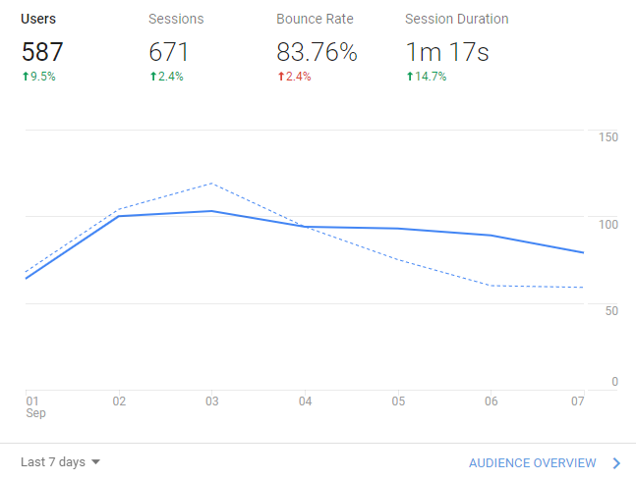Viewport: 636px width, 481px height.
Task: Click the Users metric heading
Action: coord(37,19)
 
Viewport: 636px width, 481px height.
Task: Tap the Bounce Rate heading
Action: coord(315,19)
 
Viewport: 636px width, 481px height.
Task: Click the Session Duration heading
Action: coord(457,19)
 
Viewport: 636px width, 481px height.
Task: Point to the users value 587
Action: coord(41,52)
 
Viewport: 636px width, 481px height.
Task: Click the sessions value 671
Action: coord(168,52)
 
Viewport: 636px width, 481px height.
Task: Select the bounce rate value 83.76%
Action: coord(317,52)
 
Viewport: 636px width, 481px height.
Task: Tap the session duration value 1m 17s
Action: coord(447,52)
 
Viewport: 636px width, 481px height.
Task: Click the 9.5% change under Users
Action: coord(39,77)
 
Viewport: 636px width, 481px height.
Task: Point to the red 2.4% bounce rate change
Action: coord(296,77)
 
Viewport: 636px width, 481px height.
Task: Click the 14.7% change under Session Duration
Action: coord(426,77)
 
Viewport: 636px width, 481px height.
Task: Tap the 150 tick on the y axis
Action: coord(608,136)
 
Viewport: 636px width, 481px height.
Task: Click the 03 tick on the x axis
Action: coord(211,401)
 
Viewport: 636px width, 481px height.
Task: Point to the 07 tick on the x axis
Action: coord(578,401)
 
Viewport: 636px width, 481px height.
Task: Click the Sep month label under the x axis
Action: coord(35,413)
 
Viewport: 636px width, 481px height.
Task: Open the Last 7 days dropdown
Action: coord(61,462)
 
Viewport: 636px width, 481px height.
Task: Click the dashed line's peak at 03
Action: coord(211,184)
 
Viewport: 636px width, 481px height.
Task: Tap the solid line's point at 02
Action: coord(119,216)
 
